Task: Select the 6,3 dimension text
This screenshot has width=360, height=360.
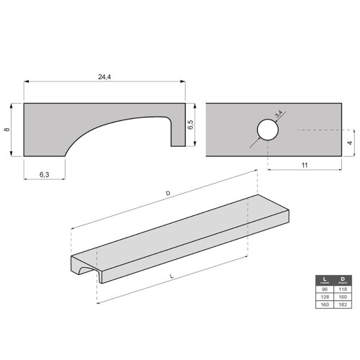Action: coord(43,174)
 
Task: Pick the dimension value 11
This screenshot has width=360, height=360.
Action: coord(305,165)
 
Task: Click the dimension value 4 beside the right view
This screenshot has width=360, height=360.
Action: coord(351,143)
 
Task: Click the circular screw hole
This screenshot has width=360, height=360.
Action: coord(266,130)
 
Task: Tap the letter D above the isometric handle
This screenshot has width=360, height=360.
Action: coord(168,194)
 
